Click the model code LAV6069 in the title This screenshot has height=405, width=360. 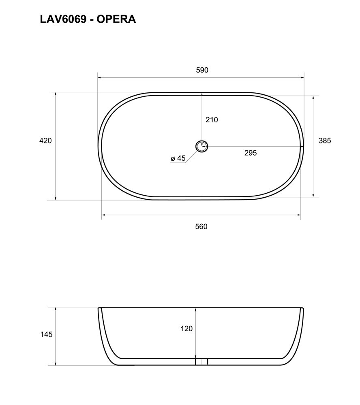[63, 19]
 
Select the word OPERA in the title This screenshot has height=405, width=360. [116, 19]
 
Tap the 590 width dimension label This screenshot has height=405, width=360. [202, 70]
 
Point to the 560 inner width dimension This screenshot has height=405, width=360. [201, 226]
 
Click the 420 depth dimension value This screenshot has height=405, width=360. [45, 141]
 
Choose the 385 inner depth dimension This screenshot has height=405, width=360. [325, 141]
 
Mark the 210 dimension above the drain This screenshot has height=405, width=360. [212, 119]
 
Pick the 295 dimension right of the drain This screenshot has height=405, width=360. [251, 153]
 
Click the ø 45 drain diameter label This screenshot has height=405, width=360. [178, 158]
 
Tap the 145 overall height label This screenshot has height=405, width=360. [46, 335]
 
